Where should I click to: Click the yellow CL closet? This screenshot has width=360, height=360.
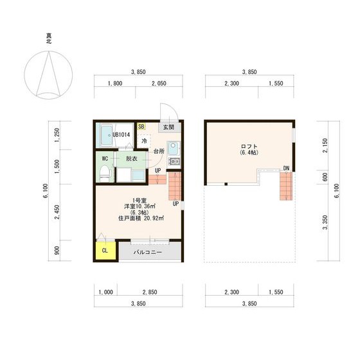click(105, 250)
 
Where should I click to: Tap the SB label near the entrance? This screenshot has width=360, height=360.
click(141, 127)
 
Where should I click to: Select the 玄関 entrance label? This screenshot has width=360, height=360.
click(168, 127)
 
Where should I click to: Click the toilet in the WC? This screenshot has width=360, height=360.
click(105, 174)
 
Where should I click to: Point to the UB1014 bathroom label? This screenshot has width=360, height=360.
click(122, 135)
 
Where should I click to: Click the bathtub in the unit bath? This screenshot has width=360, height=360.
click(107, 136)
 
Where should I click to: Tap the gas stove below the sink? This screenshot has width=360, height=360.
click(174, 161)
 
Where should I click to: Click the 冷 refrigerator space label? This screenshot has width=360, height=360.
click(145, 141)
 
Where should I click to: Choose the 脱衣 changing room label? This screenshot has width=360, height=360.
click(132, 159)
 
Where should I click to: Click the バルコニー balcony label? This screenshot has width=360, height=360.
click(148, 252)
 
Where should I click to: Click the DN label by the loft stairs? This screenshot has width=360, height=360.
click(286, 168)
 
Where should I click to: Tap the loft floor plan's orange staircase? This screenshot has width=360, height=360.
click(286, 186)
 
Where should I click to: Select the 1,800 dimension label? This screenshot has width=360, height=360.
click(115, 84)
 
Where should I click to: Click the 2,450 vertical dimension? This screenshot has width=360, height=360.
click(57, 212)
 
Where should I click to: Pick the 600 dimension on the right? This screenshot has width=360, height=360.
click(325, 177)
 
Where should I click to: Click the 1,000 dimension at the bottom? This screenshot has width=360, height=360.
click(105, 292)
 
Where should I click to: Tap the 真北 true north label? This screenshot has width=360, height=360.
click(49, 39)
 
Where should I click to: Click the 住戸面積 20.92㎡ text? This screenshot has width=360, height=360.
click(141, 219)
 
